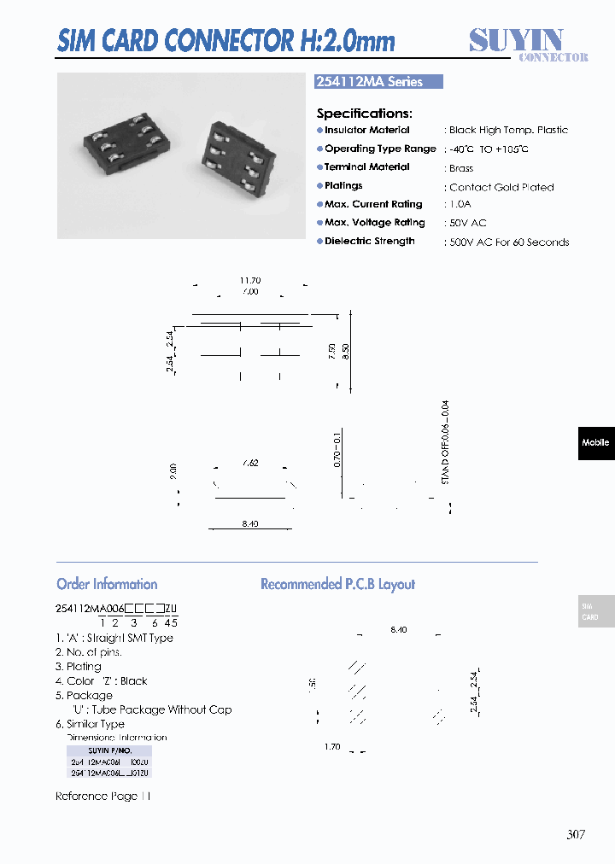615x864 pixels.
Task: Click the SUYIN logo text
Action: point(516,39)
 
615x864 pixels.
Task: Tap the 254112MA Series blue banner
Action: point(379,82)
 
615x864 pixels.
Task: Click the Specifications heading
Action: point(364,113)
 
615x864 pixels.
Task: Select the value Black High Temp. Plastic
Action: point(508,130)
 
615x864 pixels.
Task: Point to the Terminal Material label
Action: point(366,167)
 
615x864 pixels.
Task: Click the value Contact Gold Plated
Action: point(501,187)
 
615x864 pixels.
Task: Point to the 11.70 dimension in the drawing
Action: point(250,281)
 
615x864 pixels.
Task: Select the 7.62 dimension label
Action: point(249,463)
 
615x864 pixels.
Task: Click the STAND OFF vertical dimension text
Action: point(445,443)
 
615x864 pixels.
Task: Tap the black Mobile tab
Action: point(595,443)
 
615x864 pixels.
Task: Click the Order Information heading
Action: point(107,585)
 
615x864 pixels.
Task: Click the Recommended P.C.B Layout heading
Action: point(337,585)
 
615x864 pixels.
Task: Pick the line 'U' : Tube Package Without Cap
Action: point(150,709)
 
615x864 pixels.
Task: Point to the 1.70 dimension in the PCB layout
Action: point(333,747)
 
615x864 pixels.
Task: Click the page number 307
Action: point(576,834)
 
